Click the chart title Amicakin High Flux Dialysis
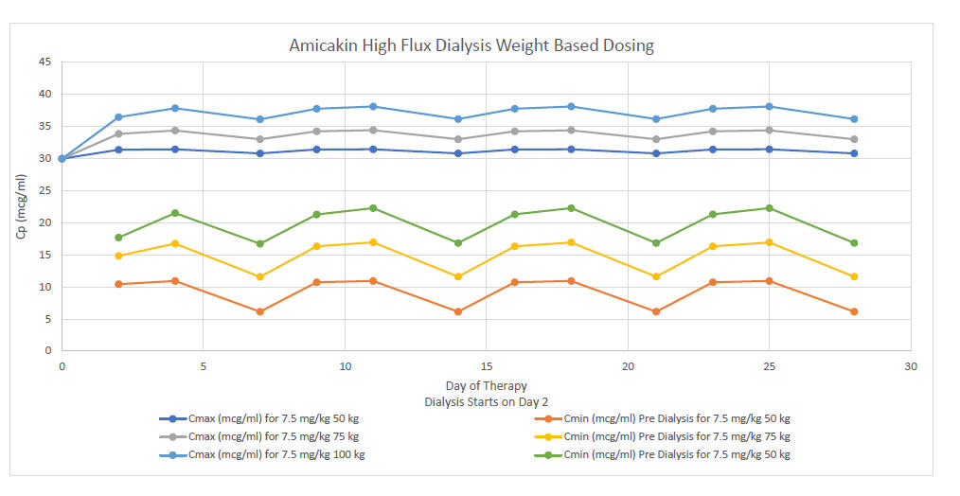[x=471, y=45]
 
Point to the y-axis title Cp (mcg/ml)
[x=21, y=207]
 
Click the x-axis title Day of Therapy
[x=486, y=386]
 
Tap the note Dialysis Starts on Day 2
[x=486, y=401]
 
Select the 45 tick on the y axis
[x=44, y=62]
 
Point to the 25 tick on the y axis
[x=44, y=190]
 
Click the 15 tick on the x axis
[x=486, y=366]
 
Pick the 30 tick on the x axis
[x=910, y=366]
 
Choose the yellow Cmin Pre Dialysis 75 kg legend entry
[x=662, y=436]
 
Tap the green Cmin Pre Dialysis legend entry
[x=662, y=455]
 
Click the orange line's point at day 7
[x=259, y=311]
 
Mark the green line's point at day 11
[x=373, y=208]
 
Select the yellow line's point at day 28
[x=854, y=276]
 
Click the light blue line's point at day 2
[x=118, y=117]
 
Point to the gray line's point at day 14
[x=458, y=139]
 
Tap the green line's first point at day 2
[x=118, y=238]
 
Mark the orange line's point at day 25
[x=769, y=281]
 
